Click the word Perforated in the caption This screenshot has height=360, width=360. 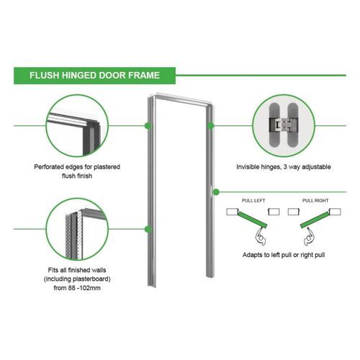point(50,167)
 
